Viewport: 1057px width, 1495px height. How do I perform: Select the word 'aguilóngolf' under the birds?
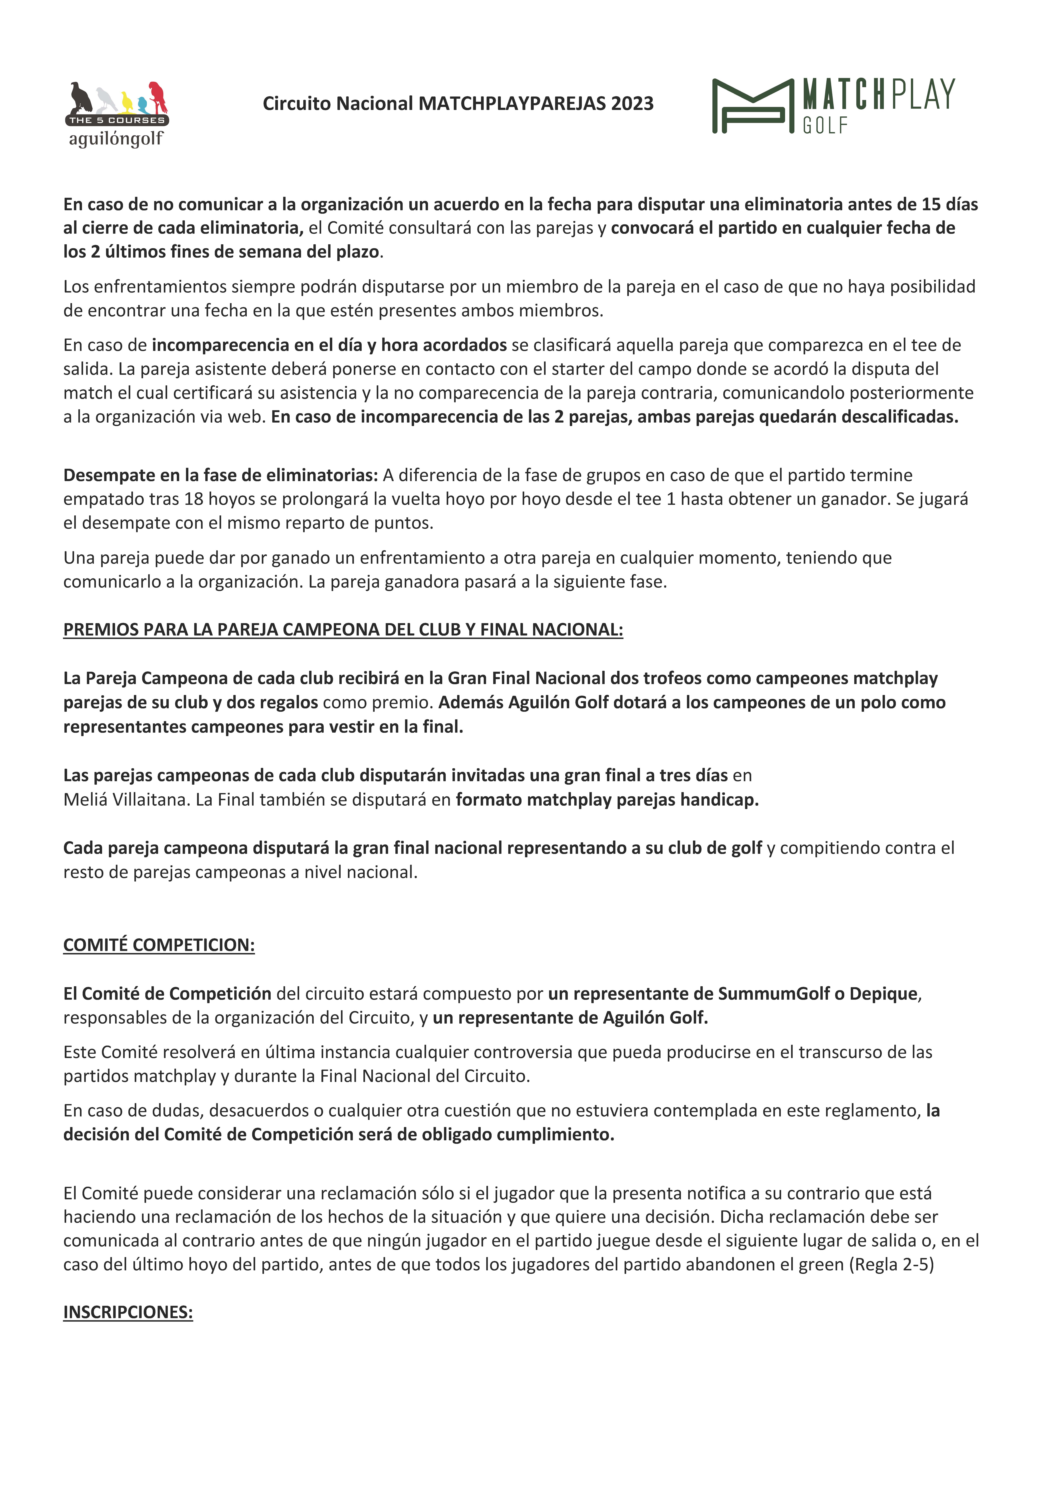(116, 139)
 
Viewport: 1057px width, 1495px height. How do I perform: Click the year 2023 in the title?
(632, 103)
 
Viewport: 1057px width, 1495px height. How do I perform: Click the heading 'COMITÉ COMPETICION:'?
(159, 945)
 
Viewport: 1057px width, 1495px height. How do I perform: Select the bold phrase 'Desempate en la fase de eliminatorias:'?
(220, 475)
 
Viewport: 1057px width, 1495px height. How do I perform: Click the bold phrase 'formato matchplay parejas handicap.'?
(607, 800)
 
